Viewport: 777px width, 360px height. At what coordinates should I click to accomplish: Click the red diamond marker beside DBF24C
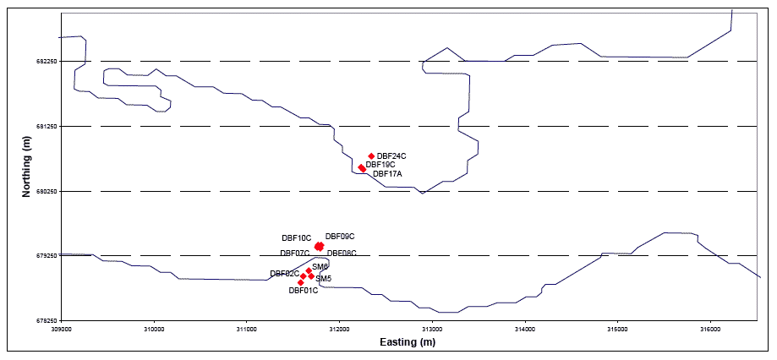(371, 156)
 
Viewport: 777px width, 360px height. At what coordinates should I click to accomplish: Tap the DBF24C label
(391, 156)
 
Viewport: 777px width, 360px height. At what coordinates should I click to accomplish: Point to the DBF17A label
(387, 174)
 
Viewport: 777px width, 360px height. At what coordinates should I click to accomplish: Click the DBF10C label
(296, 239)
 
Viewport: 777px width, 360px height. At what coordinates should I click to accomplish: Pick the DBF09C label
(340, 237)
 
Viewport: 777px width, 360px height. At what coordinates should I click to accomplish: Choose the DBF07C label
(294, 254)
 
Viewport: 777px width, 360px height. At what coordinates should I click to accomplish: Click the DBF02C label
(284, 274)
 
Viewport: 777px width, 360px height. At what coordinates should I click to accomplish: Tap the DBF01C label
(304, 291)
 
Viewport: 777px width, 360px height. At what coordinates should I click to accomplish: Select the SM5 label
(324, 279)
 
